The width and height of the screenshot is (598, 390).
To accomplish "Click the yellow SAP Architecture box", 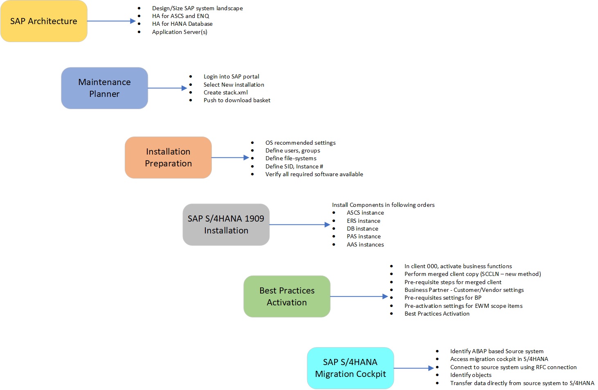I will coord(44,21).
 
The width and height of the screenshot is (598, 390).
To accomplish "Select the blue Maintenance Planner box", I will coord(104,88).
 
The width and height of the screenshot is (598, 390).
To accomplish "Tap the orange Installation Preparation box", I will coord(168,157).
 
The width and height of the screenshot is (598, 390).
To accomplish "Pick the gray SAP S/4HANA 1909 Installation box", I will coord(226,224).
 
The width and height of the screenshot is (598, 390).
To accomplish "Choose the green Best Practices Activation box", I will coord(287,296).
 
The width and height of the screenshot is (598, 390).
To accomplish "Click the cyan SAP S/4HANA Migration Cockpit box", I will coord(350,368).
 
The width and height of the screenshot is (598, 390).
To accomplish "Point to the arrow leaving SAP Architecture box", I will coord(111,21).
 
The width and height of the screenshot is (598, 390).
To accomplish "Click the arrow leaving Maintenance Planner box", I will coord(167,88).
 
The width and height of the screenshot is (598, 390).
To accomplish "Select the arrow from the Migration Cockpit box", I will coord(413,368).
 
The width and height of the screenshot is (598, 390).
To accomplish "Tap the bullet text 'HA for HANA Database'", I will coord(182,24).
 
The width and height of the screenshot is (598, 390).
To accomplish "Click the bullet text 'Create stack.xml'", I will coord(225,92).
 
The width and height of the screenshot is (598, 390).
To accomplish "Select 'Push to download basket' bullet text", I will coord(237,100).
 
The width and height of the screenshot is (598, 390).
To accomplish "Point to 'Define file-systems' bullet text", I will coord(291,158).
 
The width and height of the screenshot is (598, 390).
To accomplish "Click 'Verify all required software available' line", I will coord(314,174).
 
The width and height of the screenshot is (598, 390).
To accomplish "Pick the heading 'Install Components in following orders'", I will coord(383,205).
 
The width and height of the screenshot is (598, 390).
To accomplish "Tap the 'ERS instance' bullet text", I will coord(363,221).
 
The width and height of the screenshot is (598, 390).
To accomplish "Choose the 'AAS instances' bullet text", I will coord(365,244).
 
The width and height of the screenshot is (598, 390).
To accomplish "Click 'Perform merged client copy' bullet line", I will coord(472,274).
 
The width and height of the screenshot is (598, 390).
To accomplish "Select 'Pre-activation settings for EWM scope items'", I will coord(463,306).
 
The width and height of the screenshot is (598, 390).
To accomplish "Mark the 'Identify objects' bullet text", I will coord(471,375).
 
